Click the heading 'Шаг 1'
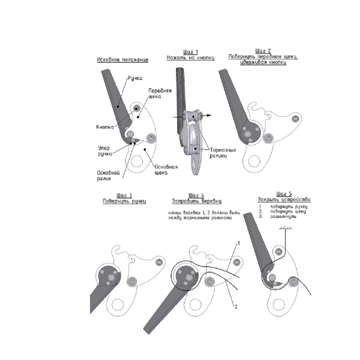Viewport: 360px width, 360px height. (190, 52)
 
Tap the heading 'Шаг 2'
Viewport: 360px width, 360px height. (263, 51)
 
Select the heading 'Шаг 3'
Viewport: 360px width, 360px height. (124, 195)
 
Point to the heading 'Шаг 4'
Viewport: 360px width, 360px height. (196, 195)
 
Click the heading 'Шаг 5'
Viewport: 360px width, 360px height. (284, 194)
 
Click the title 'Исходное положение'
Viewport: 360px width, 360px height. (123, 60)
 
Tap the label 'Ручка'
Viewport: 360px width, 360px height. (135, 78)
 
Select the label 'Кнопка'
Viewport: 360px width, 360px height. (105, 127)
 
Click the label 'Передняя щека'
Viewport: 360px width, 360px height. (160, 94)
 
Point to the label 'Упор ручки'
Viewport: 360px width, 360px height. (105, 151)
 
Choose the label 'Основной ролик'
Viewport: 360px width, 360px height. (108, 176)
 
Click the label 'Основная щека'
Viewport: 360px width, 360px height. (166, 170)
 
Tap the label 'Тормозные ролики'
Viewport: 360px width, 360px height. (223, 153)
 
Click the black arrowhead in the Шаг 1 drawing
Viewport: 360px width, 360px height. (209, 116)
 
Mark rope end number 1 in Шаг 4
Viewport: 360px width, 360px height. (238, 243)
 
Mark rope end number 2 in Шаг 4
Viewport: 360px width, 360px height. (236, 306)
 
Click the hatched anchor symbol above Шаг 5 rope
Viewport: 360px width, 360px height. (285, 228)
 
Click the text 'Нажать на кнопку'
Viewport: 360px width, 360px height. (190, 58)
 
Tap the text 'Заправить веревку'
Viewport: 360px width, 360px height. (197, 201)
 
